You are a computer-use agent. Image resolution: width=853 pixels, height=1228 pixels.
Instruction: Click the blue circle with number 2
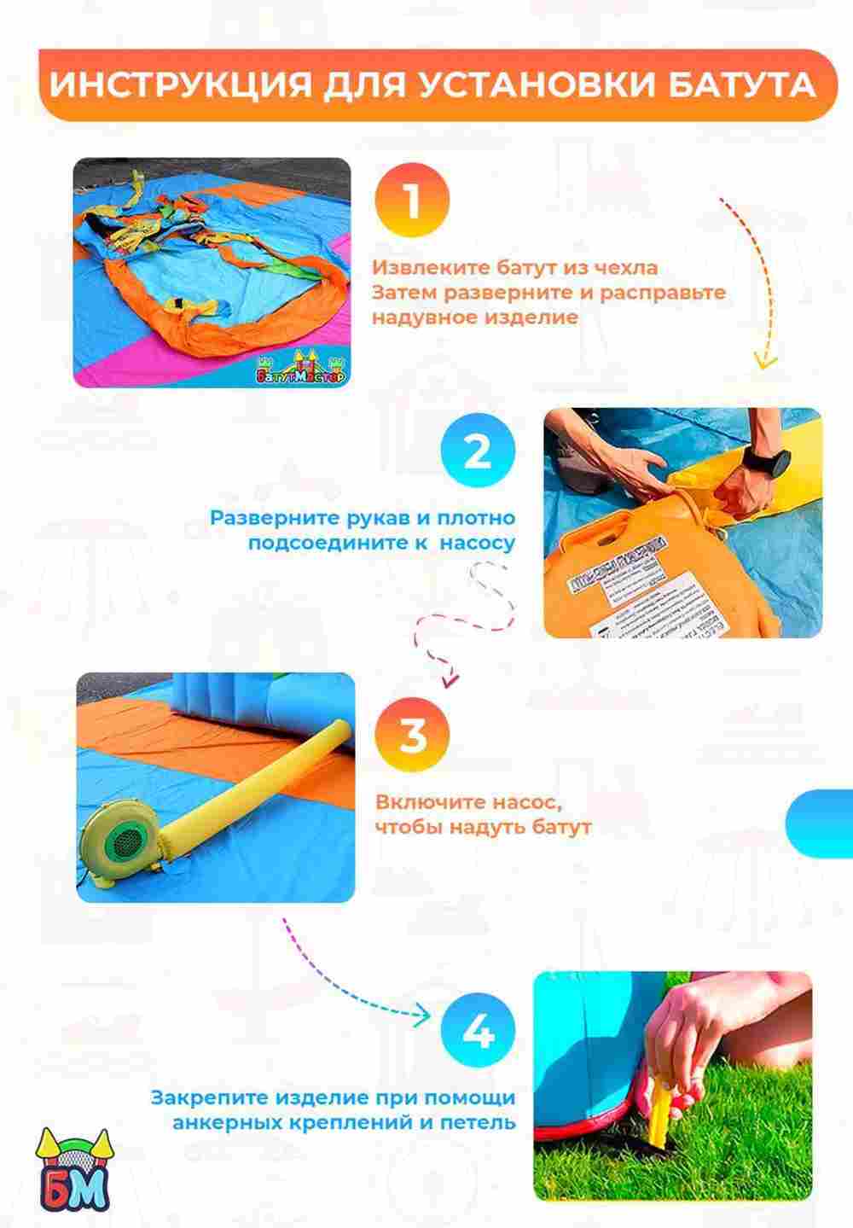pyautogui.click(x=478, y=450)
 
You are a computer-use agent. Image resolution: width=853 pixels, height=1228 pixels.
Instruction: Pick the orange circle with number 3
pyautogui.click(x=412, y=736)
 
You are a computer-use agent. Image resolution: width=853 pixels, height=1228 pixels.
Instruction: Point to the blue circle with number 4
pyautogui.click(x=478, y=1032)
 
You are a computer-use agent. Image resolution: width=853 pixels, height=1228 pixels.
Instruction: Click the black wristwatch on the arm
pyautogui.click(x=757, y=466)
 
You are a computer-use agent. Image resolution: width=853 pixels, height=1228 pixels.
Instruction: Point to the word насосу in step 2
pyautogui.click(x=478, y=543)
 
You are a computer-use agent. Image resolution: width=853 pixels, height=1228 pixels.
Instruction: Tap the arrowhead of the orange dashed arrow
pyautogui.click(x=766, y=358)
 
